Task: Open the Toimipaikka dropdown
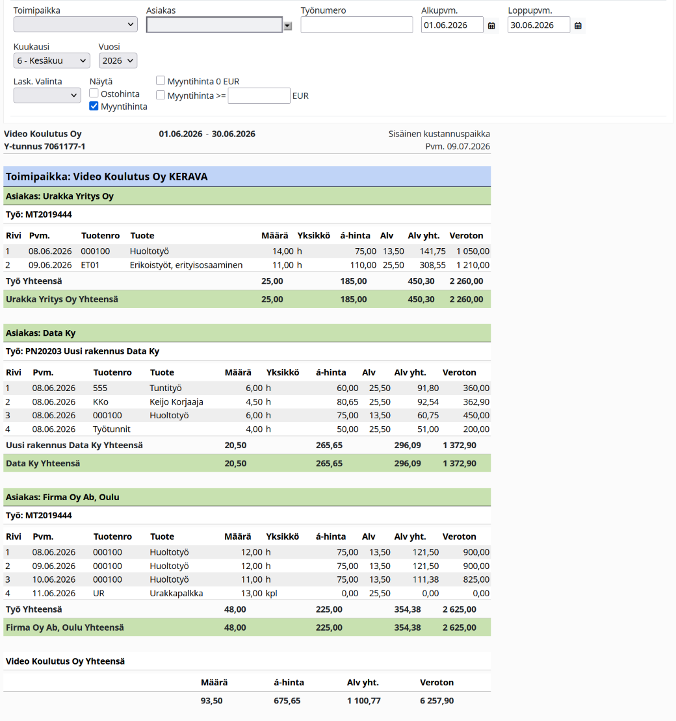point(75,25)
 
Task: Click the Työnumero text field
point(357,25)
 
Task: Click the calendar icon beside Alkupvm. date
point(491,26)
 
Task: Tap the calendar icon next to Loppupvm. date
point(578,26)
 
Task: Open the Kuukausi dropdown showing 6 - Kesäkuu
point(51,60)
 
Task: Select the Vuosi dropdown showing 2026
point(118,60)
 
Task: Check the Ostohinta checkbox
point(94,94)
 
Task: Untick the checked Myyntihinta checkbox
point(94,107)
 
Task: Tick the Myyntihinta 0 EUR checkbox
point(161,81)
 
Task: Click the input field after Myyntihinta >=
point(259,95)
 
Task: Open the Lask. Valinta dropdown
point(47,95)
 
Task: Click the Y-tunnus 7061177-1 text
point(45,146)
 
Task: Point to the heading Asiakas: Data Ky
point(40,333)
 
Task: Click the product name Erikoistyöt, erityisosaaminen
point(186,265)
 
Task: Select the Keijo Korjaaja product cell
point(176,402)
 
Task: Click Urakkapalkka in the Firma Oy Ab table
point(176,593)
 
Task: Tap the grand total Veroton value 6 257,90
point(437,701)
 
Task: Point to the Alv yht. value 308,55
point(432,265)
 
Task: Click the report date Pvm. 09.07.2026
point(458,146)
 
